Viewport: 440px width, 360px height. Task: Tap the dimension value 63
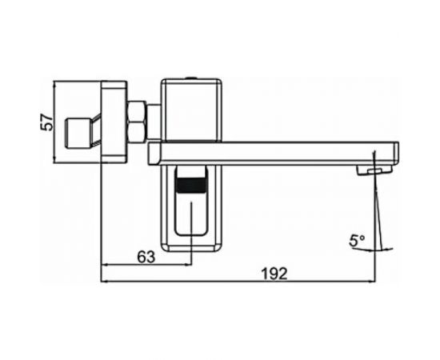coord(146,256)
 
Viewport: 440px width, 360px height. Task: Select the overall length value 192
coord(274,273)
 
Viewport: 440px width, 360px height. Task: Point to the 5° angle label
coord(357,239)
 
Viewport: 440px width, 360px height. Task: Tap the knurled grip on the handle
coord(190,190)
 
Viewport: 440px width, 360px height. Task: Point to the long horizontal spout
coord(272,150)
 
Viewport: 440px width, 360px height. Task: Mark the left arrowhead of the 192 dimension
coord(102,281)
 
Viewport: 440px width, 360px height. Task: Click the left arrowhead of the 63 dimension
coord(102,265)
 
